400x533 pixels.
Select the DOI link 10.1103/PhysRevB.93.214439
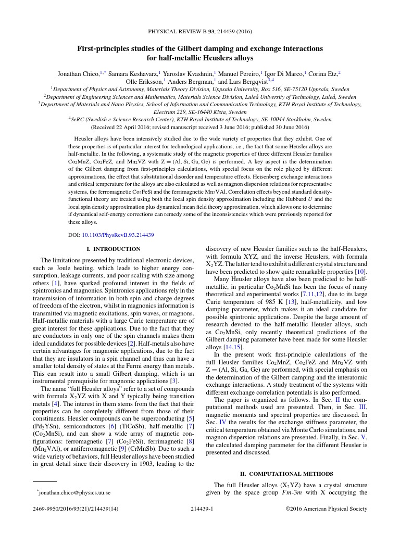pyautogui.click(x=118, y=235)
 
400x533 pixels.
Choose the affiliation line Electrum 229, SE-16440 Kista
pyautogui.click(x=200, y=112)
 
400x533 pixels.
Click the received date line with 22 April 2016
pyautogui.click(x=200, y=126)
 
